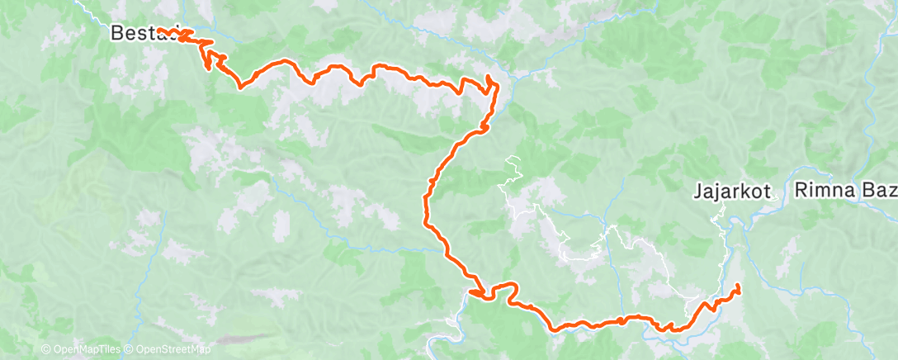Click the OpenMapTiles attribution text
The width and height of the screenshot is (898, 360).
pos(86,350)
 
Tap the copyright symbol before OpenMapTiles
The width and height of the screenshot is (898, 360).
pos(46,350)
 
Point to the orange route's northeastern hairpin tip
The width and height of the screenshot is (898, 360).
pos(489,78)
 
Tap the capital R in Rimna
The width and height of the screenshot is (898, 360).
pos(801,192)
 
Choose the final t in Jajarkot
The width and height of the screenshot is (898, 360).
pos(768,192)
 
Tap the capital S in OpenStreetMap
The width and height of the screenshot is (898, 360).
pos(165,350)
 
